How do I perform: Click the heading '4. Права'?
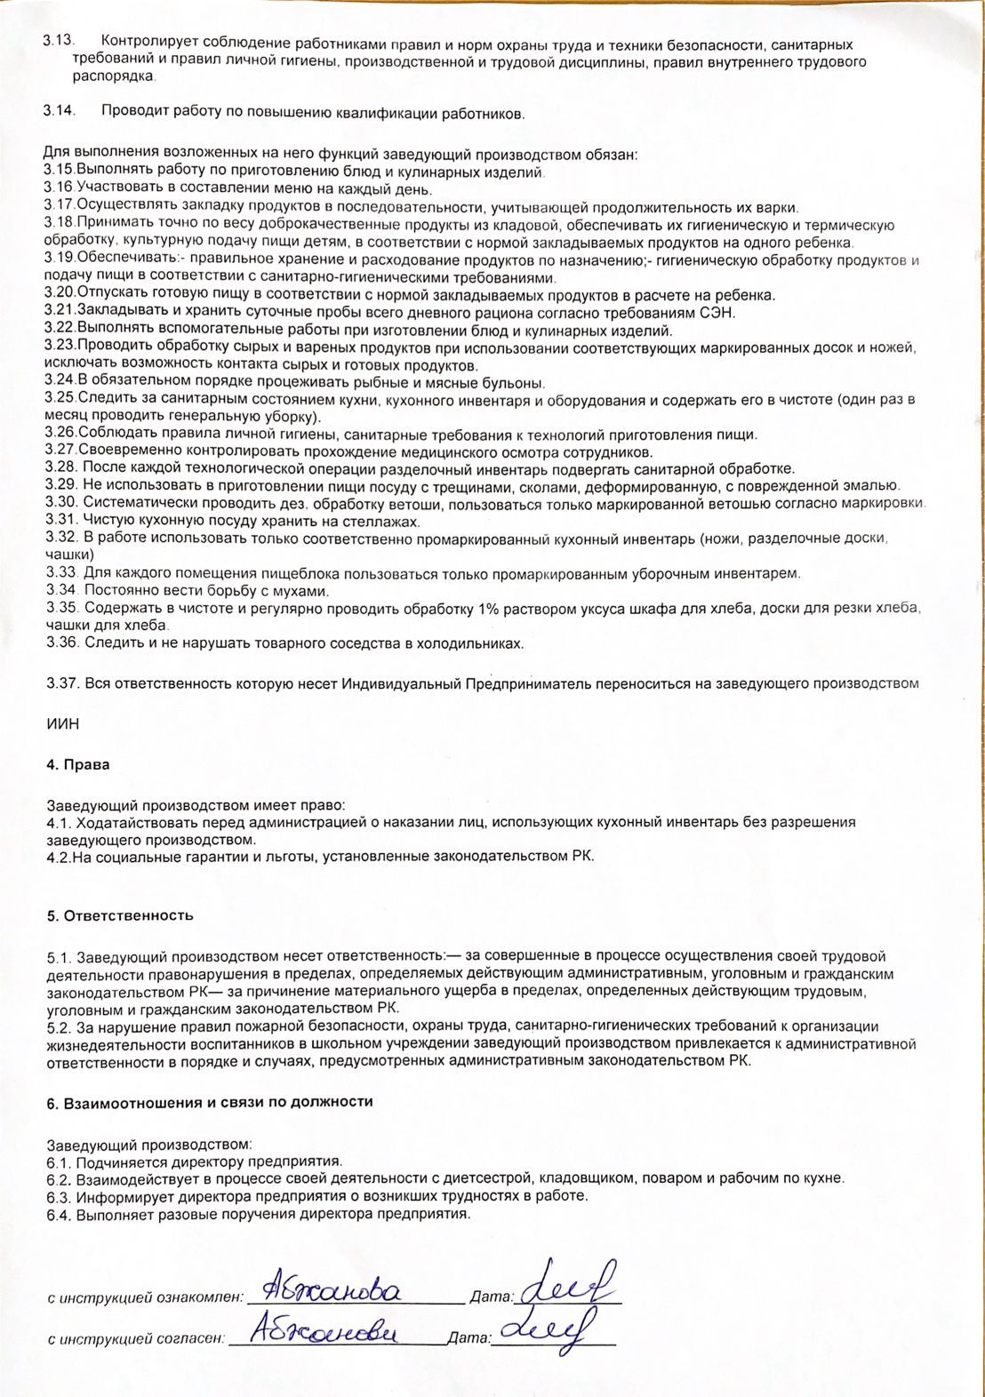(x=78, y=763)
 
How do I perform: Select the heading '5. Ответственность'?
(x=120, y=915)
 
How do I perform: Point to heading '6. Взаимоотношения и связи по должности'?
(x=209, y=1102)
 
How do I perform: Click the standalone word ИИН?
(x=62, y=724)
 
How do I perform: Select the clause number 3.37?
(x=63, y=683)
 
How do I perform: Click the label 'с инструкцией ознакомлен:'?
(x=145, y=1297)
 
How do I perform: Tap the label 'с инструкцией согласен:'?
(x=136, y=1337)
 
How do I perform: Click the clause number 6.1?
(x=59, y=1162)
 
